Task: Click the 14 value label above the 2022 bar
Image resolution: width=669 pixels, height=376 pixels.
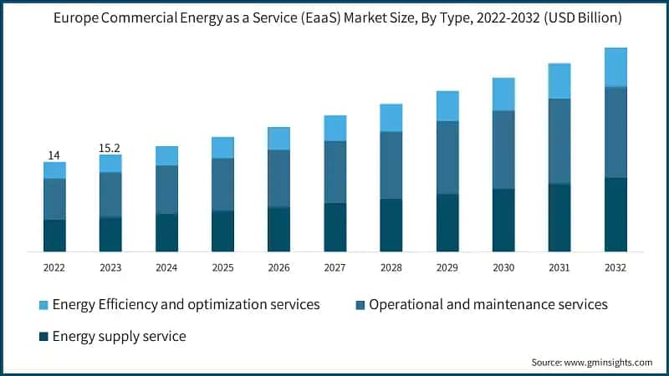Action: (x=54, y=155)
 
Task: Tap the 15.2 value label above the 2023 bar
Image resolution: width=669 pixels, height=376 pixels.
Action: (x=110, y=148)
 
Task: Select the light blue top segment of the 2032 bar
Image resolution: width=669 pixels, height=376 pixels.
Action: (x=615, y=67)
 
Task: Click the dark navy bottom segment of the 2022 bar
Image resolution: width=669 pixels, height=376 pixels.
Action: (x=54, y=235)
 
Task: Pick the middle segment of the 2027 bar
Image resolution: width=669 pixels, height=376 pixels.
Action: (x=335, y=171)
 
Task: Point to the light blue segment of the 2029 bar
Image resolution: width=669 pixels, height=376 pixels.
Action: (x=447, y=106)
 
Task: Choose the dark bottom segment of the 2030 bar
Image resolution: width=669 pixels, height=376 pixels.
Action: (x=503, y=220)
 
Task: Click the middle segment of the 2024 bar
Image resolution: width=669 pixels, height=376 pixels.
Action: (x=166, y=190)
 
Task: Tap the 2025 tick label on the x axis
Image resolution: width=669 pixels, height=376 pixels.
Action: (x=222, y=267)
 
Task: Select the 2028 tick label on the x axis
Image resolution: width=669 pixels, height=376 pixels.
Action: (x=391, y=267)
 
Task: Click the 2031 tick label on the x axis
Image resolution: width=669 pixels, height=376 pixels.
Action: (x=559, y=267)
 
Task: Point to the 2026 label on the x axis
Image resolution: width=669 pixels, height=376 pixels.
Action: (x=278, y=267)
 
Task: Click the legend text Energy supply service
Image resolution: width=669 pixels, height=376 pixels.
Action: (x=119, y=337)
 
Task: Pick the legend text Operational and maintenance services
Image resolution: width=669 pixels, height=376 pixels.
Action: (x=488, y=305)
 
